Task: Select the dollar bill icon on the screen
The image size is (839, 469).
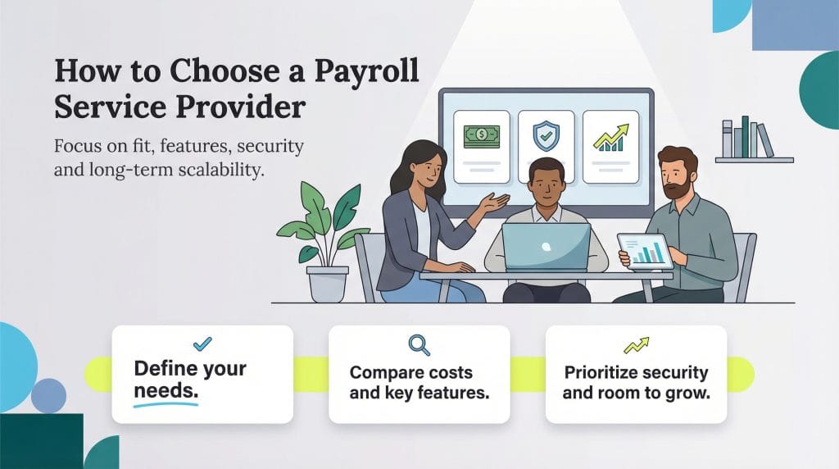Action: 482,136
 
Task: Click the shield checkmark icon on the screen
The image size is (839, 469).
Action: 546,136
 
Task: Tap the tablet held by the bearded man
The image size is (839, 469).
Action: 646,251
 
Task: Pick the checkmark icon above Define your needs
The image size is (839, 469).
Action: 202,344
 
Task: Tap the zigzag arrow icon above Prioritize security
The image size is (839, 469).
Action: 635,345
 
